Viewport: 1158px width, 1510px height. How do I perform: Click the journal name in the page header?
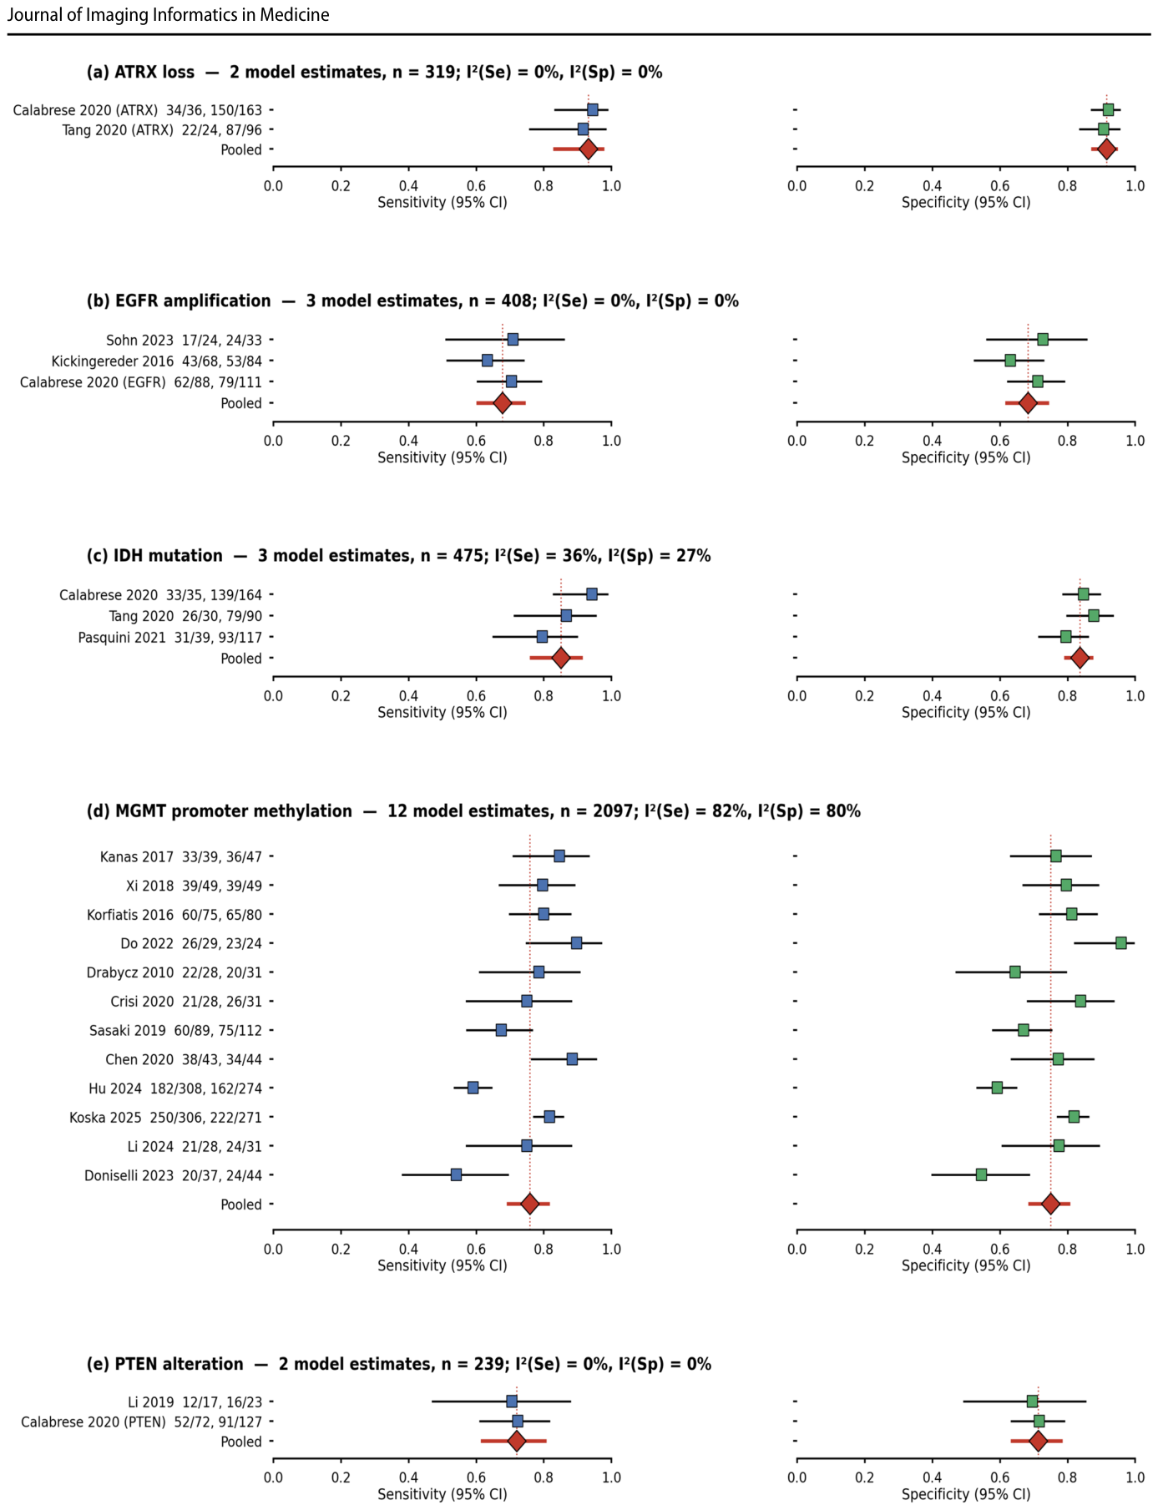[x=168, y=15]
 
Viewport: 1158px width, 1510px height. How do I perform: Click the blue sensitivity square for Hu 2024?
[x=473, y=1088]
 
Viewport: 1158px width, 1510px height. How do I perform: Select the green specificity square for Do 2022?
[x=1121, y=942]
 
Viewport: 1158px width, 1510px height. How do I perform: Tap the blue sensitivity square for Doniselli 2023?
[x=456, y=1174]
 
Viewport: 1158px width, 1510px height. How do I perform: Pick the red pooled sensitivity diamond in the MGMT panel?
[x=529, y=1204]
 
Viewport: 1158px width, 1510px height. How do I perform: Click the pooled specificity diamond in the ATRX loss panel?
[x=1106, y=149]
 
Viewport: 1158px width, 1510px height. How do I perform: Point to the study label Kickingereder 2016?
[x=113, y=361]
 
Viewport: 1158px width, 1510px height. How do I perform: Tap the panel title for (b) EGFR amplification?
[x=179, y=300]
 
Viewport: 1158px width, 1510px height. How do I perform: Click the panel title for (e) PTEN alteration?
[x=165, y=1364]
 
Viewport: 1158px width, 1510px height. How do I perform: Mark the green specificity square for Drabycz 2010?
[x=1014, y=972]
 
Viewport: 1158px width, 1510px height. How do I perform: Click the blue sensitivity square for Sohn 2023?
[x=513, y=339]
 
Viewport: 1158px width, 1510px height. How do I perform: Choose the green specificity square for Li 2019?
[x=1032, y=1401]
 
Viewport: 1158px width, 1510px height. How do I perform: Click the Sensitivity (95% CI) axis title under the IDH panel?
[x=442, y=712]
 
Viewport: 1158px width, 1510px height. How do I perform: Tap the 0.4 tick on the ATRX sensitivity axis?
[x=408, y=186]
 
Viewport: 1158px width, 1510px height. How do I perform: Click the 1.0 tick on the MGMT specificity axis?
[x=1135, y=1249]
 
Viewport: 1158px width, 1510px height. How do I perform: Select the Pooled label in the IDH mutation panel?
[x=241, y=659]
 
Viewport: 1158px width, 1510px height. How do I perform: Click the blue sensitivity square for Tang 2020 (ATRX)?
[x=583, y=129]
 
